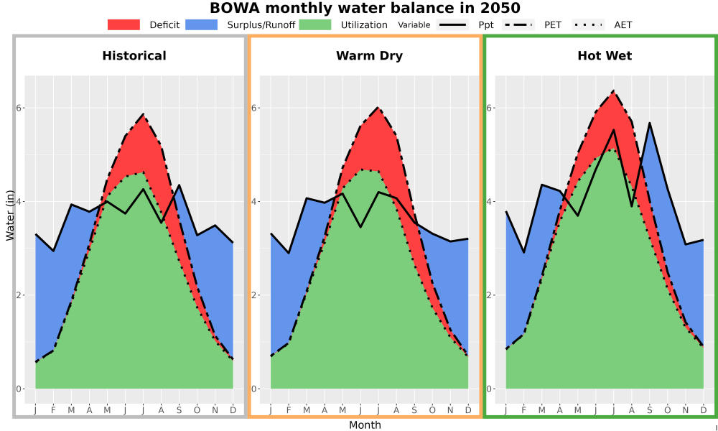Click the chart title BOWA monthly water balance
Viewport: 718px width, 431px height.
[x=365, y=8]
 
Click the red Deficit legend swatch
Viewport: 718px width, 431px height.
[x=123, y=24]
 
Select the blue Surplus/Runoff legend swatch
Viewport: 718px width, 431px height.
[x=202, y=24]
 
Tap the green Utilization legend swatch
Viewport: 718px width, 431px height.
[x=315, y=24]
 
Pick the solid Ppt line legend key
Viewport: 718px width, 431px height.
[x=452, y=24]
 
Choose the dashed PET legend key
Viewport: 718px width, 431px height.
[x=518, y=24]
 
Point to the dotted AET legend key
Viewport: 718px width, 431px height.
[x=588, y=24]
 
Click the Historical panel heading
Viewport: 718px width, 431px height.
[x=134, y=56]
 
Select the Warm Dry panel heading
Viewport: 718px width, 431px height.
[x=369, y=56]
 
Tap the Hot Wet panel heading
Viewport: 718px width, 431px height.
[x=605, y=56]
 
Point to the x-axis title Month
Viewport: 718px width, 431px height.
[x=365, y=425]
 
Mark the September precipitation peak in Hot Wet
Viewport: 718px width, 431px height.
[x=649, y=123]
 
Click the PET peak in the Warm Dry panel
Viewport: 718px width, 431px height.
[x=378, y=107]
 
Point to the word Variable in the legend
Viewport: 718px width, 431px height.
[x=414, y=24]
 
